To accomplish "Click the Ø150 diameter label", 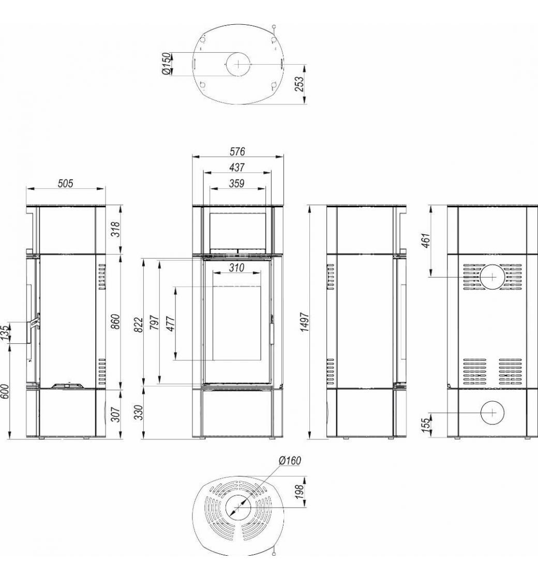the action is point(167,64).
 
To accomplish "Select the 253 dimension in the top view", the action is point(300,84).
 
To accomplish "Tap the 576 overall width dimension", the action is point(237,151).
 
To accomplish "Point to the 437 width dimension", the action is point(237,167).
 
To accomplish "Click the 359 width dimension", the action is point(236,183).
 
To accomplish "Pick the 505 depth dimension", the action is point(65,183).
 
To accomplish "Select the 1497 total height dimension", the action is point(305,322).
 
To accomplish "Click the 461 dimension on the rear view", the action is point(426,240).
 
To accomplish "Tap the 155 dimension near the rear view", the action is point(426,425).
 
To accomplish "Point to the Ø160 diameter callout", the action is point(290,461).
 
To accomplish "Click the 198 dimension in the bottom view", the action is point(300,492).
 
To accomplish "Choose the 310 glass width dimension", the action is point(236,267).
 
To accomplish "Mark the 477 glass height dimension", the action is point(171,324).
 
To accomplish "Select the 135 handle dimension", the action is point(5,333).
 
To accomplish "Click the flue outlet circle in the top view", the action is point(238,64).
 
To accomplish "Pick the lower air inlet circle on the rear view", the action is point(492,413).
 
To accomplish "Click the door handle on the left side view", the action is point(33,325).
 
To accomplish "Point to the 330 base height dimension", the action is point(138,413).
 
